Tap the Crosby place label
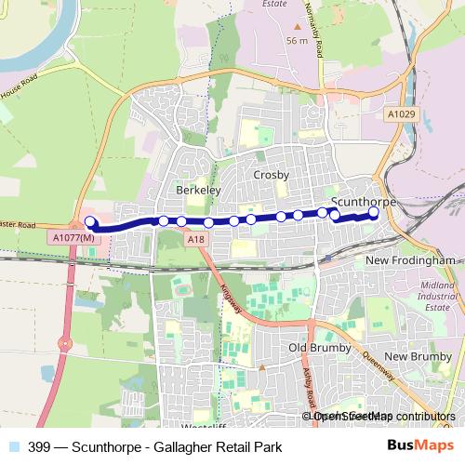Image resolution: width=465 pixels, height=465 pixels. tap(272, 175)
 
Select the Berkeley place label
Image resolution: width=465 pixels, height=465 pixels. tap(197, 190)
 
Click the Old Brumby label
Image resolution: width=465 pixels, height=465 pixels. tap(312, 348)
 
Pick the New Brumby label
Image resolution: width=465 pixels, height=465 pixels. tap(418, 356)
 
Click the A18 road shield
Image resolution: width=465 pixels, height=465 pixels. tap(193, 241)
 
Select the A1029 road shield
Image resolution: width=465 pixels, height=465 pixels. tap(399, 113)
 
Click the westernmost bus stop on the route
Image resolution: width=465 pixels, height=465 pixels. tap(90, 221)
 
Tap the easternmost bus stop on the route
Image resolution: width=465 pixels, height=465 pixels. tap(373, 212)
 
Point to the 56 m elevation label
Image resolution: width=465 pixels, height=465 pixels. tap(298, 41)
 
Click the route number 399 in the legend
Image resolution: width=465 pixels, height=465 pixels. tap(39, 446)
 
